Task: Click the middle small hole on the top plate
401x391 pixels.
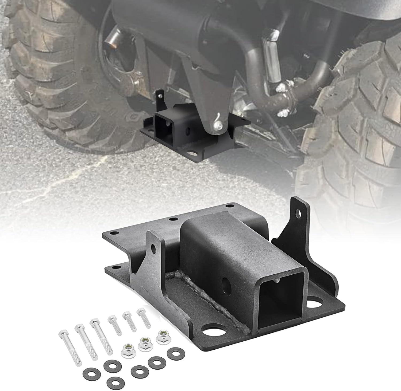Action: tap(174, 219)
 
